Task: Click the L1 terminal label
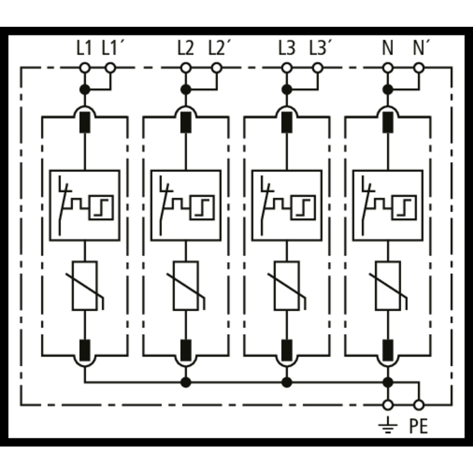coord(84,49)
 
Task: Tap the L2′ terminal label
coord(220,49)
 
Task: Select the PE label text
coord(418,426)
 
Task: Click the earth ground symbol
coord(388,425)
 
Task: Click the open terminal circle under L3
coord(287,68)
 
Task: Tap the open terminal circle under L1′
coord(110,68)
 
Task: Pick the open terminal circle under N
coord(388,68)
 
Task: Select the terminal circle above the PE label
coord(419,405)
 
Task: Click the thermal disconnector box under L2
coord(186,206)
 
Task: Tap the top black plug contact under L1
coord(85,122)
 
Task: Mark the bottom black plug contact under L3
coord(287,350)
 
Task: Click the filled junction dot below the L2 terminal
coord(186,90)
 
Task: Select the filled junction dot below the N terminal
coord(388,90)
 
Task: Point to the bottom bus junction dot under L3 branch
coord(287,382)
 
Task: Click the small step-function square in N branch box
coord(405,207)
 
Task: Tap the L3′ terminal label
coord(321,49)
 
